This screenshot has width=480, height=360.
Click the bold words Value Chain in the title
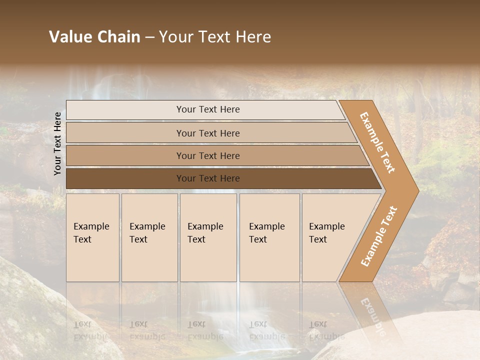click(x=94, y=37)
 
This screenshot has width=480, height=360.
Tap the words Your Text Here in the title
click(x=215, y=37)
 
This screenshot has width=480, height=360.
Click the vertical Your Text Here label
click(x=57, y=143)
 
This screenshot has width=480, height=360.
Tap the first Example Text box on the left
click(x=92, y=237)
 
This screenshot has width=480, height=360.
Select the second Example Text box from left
click(x=149, y=237)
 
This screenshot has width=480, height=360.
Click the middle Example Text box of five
click(x=207, y=237)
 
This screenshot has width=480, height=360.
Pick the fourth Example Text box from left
click(x=269, y=237)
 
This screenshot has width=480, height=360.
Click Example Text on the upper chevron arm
click(x=377, y=142)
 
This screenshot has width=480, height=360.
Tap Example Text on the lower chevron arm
click(x=379, y=236)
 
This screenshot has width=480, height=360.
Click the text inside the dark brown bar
click(x=208, y=178)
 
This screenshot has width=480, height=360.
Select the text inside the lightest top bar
click(x=208, y=109)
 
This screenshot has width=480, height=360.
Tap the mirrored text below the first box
click(x=91, y=330)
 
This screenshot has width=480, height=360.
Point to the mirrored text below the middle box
click(x=205, y=330)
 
